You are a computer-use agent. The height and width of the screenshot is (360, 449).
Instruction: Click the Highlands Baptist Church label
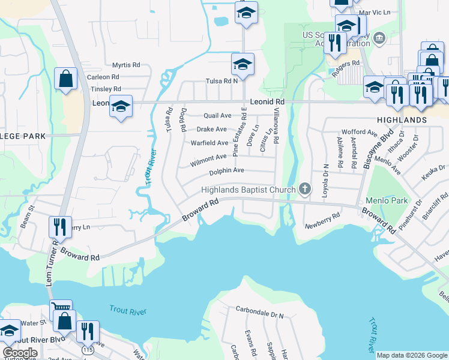pos(248,190)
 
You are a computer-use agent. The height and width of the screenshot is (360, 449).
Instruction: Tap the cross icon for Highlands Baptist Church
pos(305,190)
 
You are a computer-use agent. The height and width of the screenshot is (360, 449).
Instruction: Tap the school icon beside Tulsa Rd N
pos(243,64)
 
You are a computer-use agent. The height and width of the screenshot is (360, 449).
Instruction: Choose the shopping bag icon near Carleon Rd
pos(65,79)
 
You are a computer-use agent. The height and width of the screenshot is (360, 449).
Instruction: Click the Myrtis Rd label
pos(126,65)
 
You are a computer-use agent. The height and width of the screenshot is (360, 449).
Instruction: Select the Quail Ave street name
pos(217,115)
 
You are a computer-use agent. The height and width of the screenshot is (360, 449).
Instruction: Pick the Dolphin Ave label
pos(226,171)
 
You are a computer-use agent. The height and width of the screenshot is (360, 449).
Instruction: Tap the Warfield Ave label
pos(209,143)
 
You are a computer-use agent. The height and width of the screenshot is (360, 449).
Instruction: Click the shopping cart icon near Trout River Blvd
pos(61,308)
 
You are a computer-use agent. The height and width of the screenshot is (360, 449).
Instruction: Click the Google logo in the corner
pos(20,352)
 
